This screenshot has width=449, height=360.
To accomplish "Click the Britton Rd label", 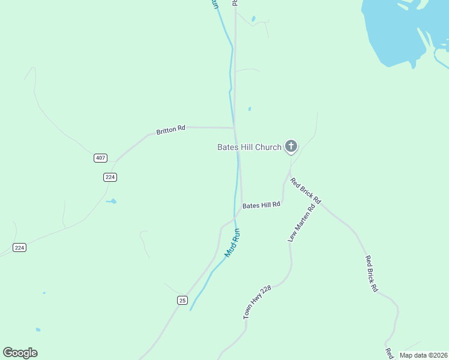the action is pyautogui.click(x=171, y=130).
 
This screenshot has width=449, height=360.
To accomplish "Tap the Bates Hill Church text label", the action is pyautogui.click(x=249, y=147).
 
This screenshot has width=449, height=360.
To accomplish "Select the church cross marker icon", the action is pyautogui.click(x=291, y=146).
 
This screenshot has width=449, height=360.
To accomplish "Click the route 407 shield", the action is pyautogui.click(x=100, y=158).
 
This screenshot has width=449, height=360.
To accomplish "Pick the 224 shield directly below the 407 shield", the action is pyautogui.click(x=109, y=177).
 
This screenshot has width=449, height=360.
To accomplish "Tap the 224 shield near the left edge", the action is pyautogui.click(x=19, y=247).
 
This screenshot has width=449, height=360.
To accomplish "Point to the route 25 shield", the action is pyautogui.click(x=182, y=300).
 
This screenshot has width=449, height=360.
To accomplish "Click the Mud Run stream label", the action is pyautogui.click(x=232, y=242).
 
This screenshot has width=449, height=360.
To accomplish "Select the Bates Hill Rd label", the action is pyautogui.click(x=261, y=205).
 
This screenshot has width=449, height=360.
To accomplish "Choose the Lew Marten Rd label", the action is pyautogui.click(x=301, y=224).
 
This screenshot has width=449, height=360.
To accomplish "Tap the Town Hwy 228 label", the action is pyautogui.click(x=258, y=301).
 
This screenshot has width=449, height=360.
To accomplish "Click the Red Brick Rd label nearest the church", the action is pyautogui.click(x=306, y=191).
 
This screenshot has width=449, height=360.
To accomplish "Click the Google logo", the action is pyautogui.click(x=20, y=353).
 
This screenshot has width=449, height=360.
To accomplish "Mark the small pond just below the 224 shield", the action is pyautogui.click(x=112, y=202).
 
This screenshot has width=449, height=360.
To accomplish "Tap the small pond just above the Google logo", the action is pyautogui.click(x=38, y=329).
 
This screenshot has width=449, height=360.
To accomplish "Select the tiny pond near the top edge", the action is pyautogui.click(x=253, y=19).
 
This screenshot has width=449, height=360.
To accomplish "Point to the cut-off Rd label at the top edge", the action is pyautogui.click(x=235, y=3).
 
